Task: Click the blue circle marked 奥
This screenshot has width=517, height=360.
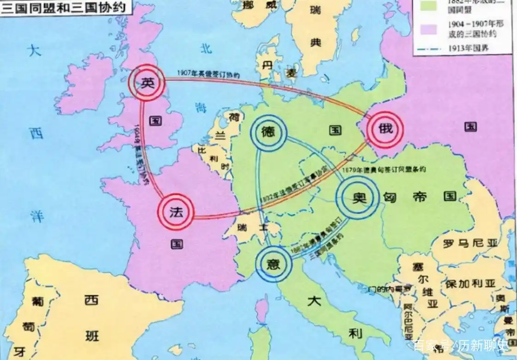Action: (357, 198)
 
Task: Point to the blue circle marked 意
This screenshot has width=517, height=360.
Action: (274, 263)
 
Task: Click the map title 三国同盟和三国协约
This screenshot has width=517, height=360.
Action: (57, 8)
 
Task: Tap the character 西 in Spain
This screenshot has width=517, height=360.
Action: (91, 300)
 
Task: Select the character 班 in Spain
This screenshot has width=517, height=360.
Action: (92, 336)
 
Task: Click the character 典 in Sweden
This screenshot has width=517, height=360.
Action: (315, 43)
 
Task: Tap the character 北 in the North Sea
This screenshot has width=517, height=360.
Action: (206, 48)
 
